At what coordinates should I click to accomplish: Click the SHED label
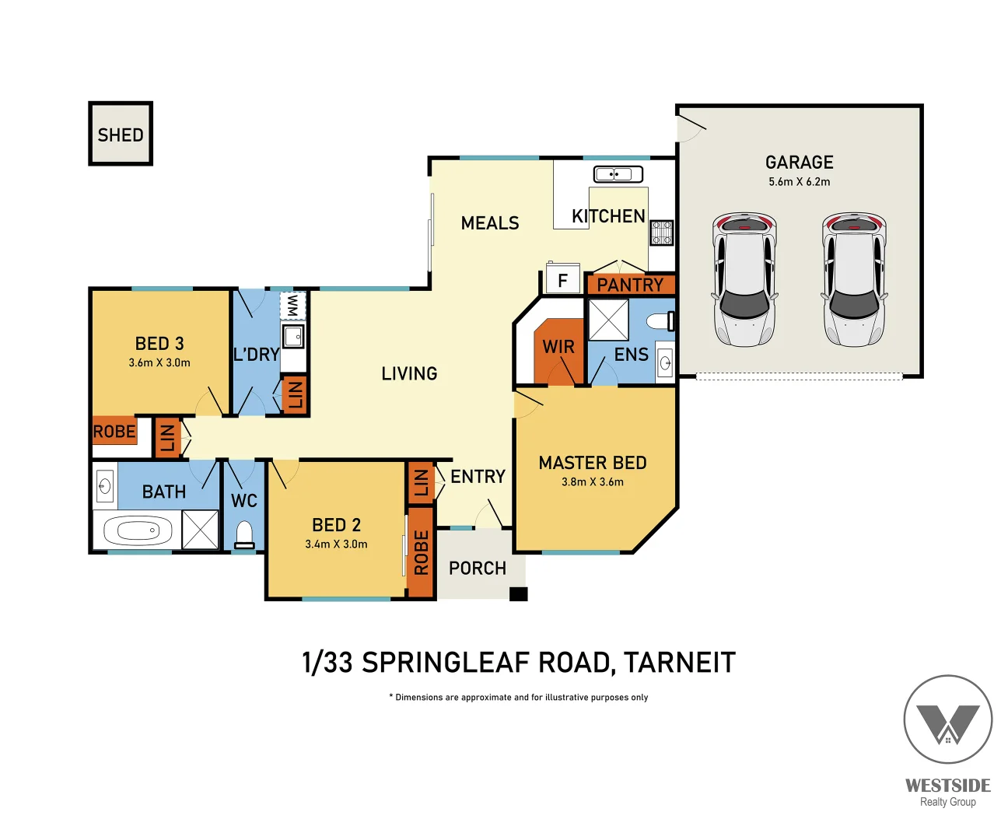(x=121, y=135)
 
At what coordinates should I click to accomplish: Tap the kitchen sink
(x=618, y=173)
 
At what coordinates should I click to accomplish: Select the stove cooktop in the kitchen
(x=662, y=233)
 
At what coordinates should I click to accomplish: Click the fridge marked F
(x=562, y=278)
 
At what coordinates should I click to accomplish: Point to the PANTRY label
(x=630, y=285)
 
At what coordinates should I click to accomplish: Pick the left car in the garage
(x=744, y=279)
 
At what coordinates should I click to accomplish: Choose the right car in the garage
(x=854, y=279)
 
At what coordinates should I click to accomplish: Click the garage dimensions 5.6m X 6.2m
(x=800, y=182)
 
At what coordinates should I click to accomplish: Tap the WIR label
(x=558, y=347)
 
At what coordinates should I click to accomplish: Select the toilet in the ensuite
(x=660, y=321)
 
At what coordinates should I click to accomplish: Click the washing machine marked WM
(x=292, y=305)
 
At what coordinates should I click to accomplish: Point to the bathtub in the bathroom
(x=138, y=530)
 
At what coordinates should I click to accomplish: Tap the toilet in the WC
(x=244, y=534)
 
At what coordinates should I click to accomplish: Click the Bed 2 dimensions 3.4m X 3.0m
(x=337, y=544)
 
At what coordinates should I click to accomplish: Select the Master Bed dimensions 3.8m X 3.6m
(x=593, y=481)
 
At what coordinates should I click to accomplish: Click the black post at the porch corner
(x=519, y=593)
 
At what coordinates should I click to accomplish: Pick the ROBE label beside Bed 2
(x=422, y=553)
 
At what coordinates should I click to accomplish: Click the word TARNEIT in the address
(x=680, y=663)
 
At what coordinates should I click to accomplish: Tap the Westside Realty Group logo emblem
(x=948, y=719)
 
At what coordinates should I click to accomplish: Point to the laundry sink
(x=293, y=336)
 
